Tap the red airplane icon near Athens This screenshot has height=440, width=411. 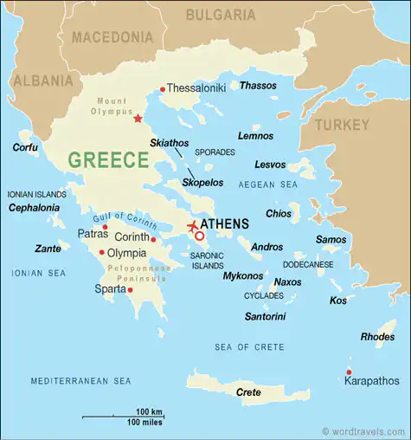(192, 227)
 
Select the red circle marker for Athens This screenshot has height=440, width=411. (199, 236)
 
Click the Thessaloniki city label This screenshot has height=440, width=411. (196, 88)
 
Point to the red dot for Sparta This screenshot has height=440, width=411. (130, 290)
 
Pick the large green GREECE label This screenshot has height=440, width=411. (108, 160)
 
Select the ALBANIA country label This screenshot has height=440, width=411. (42, 81)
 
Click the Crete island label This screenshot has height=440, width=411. (248, 392)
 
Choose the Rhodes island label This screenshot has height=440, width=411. (377, 336)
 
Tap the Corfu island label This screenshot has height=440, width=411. (25, 147)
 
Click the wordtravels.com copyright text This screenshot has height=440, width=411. (363, 430)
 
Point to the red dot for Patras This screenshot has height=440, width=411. (105, 227)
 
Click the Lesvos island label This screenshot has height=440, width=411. (270, 165)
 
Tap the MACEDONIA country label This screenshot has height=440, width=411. (112, 37)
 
